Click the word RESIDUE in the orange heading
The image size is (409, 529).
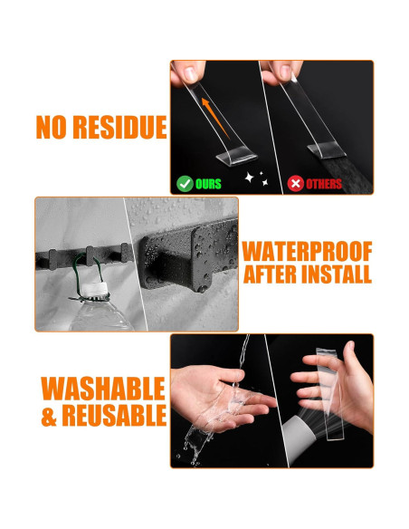coord(120,127)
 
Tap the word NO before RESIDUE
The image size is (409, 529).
coord(52,127)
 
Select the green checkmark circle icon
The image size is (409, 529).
coord(185,184)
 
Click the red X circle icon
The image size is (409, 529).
coord(296,184)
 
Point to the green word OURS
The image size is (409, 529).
coord(208,184)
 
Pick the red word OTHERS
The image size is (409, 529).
coord(324,184)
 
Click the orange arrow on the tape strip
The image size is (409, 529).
coord(215,118)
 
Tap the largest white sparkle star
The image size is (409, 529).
coord(249,178)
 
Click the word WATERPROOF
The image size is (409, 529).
coord(307,251)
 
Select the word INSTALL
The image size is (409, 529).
coord(337,274)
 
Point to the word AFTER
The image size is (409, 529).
coord(271,274)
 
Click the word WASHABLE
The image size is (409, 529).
coord(103,389)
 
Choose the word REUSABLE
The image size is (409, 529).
coord(114,415)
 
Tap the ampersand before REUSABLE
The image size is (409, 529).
coord(49,415)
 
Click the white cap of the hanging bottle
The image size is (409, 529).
coord(95,289)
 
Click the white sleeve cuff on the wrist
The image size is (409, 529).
coord(300,437)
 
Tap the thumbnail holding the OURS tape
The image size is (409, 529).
coord(190,74)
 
